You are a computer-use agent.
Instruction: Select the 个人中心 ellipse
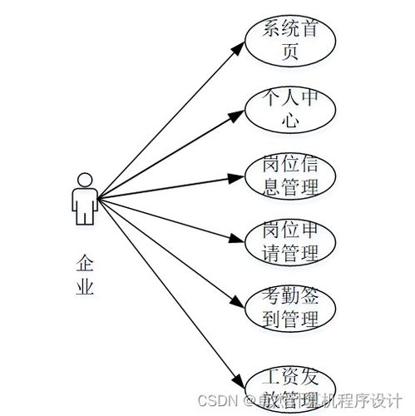(x=290, y=107)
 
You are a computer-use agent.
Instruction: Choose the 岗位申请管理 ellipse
(x=290, y=242)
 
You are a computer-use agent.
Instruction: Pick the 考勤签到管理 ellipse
(x=290, y=307)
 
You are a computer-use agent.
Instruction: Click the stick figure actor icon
(x=84, y=198)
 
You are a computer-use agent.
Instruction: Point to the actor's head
(x=84, y=178)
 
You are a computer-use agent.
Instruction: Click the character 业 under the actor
(x=85, y=289)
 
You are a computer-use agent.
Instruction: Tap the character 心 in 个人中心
(x=289, y=121)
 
